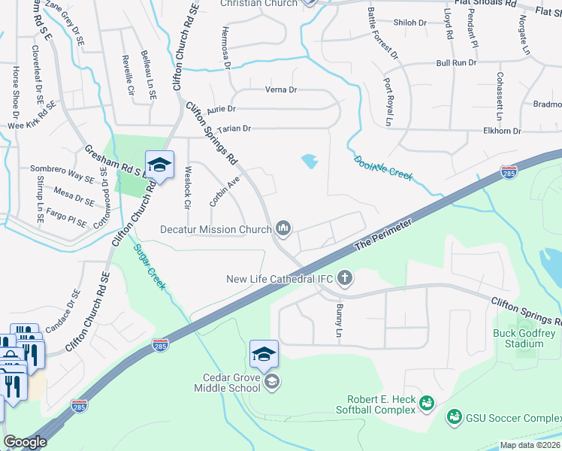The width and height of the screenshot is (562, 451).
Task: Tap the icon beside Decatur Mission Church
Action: pyautogui.click(x=284, y=227)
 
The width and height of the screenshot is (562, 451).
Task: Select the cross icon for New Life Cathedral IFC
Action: pyautogui.click(x=345, y=279)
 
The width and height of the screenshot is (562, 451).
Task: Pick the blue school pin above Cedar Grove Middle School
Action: pyautogui.click(x=264, y=354)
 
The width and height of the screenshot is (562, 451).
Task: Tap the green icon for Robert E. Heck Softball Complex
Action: pyautogui.click(x=427, y=404)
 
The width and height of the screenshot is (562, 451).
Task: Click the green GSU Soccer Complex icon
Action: pyautogui.click(x=454, y=416)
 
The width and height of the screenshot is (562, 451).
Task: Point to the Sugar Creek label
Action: pyautogui.click(x=150, y=268)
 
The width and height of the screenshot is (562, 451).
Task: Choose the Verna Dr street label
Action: pyautogui.click(x=282, y=90)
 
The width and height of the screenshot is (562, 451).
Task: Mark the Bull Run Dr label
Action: pyautogui.click(x=456, y=62)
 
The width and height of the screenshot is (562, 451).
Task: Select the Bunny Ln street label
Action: pyautogui.click(x=338, y=320)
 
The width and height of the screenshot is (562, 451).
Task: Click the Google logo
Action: pyautogui.click(x=25, y=443)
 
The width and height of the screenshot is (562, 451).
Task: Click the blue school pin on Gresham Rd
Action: pyautogui.click(x=159, y=165)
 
